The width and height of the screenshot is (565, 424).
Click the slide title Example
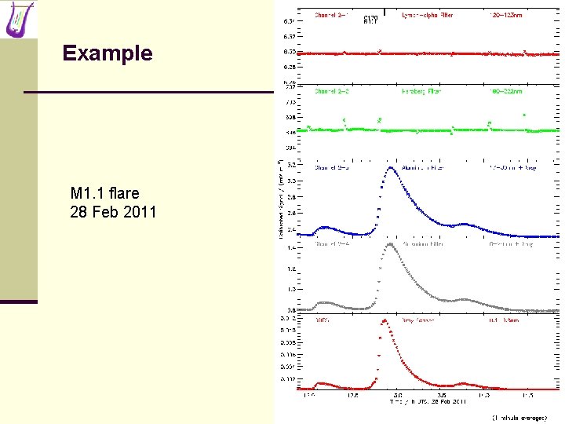tap(108, 53)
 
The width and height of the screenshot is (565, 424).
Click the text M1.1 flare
tap(104, 193)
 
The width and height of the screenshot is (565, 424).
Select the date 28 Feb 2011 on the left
tap(113, 212)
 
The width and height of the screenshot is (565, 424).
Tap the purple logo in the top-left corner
tap(19, 20)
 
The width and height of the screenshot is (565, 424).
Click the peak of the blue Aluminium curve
tap(390, 168)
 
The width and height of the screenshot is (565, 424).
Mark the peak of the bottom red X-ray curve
tap(385, 320)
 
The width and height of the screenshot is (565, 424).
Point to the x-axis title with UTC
tap(428, 401)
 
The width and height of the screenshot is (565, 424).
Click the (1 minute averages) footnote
tap(519, 417)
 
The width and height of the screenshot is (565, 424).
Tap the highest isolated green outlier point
tap(524, 115)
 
